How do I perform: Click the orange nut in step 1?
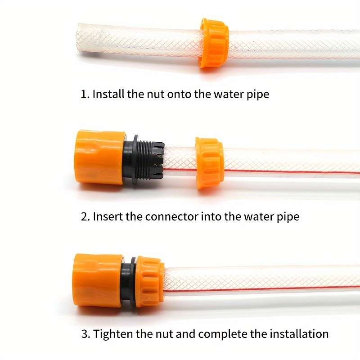click(214, 43)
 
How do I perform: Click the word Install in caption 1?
click(108, 94)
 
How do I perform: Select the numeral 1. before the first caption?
click(85, 94)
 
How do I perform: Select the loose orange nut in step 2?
click(209, 162)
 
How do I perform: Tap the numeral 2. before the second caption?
click(85, 216)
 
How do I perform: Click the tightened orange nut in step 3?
click(150, 282)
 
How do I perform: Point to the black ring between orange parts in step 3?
click(129, 282)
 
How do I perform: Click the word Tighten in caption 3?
click(112, 334)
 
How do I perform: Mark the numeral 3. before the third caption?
click(85, 334)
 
